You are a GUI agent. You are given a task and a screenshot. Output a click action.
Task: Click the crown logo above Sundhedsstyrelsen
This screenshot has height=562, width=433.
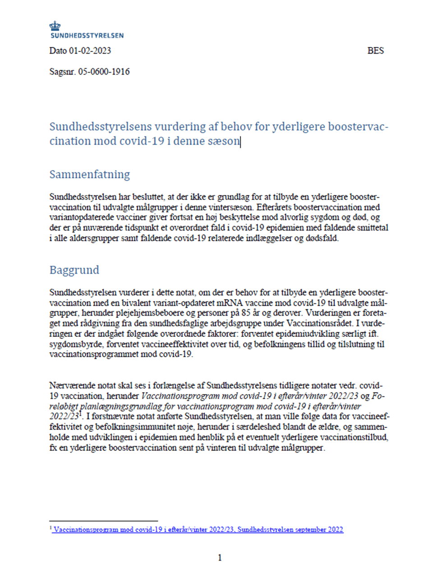pos(55,25)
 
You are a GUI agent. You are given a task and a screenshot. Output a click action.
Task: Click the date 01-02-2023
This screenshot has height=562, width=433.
pos(90,50)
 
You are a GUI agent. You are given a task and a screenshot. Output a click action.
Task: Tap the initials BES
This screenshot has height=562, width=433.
pos(375,50)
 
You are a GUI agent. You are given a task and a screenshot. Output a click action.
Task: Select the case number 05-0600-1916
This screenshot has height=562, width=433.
pos(104,72)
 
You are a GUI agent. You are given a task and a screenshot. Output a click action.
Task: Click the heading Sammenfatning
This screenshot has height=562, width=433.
pos(89,174)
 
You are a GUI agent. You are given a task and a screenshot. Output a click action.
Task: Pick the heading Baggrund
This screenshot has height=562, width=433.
pos(74,270)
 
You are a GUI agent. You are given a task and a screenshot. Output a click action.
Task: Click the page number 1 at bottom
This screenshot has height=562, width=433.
pos(220,557)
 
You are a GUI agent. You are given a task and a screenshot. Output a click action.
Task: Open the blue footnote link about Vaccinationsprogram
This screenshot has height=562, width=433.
pos(198,530)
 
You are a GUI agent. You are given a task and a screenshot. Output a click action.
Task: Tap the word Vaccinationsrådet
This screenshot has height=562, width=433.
pos(318,323)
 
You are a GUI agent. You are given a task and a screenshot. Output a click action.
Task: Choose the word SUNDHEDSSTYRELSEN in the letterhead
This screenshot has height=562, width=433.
pos(87,35)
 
